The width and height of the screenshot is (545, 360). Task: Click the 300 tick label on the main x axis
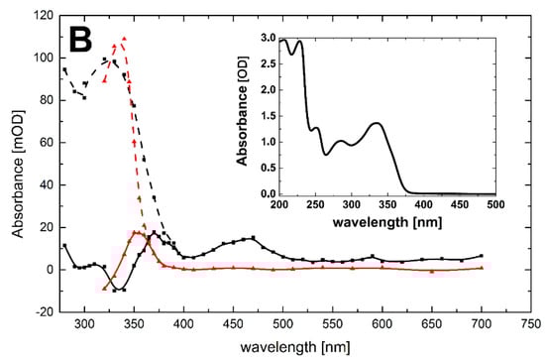tap(84, 323)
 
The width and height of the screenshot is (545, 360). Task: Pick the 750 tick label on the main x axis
tap(529, 323)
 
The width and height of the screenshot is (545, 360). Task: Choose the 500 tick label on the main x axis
tap(282, 323)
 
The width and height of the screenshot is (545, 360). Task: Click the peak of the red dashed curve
tap(124, 39)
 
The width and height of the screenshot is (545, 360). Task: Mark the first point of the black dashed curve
tap(64, 69)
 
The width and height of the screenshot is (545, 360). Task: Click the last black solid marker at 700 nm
tap(481, 256)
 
